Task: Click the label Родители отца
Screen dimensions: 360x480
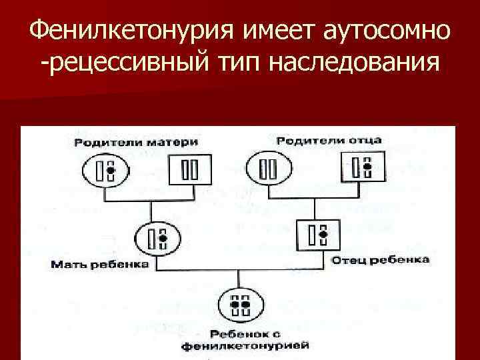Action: [329, 140]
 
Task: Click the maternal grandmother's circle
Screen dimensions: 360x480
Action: [105, 171]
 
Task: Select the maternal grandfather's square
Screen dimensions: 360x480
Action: [189, 171]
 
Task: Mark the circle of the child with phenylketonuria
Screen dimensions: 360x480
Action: [239, 305]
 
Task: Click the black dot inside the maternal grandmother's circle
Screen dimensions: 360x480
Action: [111, 171]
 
